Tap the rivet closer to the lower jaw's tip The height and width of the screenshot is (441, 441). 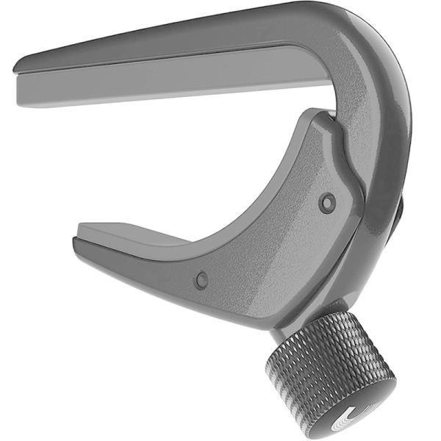pos(201,279)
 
